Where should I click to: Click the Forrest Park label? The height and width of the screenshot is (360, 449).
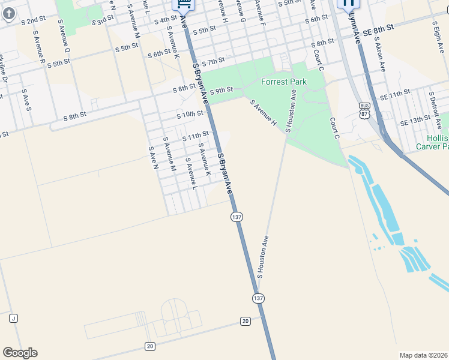[x=283, y=82]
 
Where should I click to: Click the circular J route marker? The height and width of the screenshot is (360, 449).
[x=13, y=318]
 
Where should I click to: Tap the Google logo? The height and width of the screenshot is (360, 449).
[x=20, y=353]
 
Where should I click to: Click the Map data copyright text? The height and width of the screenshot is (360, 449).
[x=423, y=355]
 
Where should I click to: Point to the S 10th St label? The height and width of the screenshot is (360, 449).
[x=190, y=114]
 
